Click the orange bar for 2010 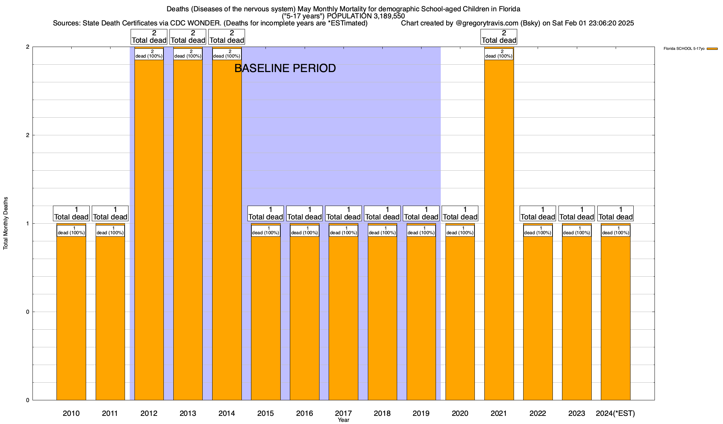click(71, 318)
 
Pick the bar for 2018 click(382, 318)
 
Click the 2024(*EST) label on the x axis click(615, 413)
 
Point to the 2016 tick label click(304, 413)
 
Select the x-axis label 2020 click(460, 413)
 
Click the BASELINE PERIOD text click(285, 68)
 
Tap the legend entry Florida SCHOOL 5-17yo click(684, 49)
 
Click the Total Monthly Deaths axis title click(6, 223)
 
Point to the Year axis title click(343, 420)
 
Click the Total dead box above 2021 click(499, 37)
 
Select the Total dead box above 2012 click(149, 37)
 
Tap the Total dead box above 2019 click(421, 213)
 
